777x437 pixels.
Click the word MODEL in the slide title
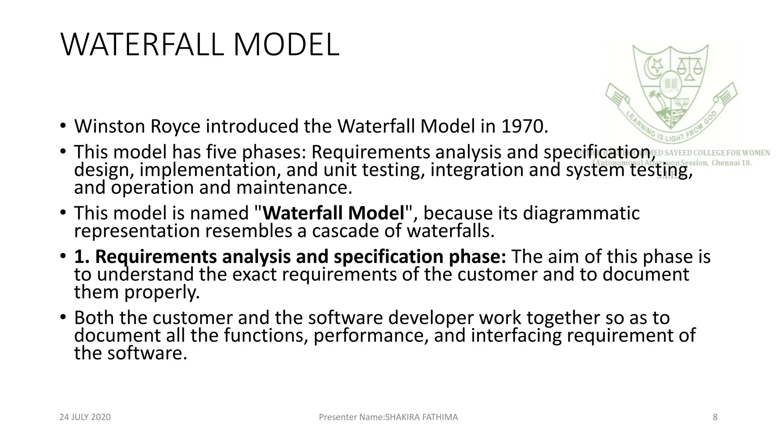pyautogui.click(x=286, y=45)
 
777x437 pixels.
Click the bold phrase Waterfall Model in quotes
pyautogui.click(x=334, y=213)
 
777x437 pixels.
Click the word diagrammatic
pyautogui.click(x=581, y=213)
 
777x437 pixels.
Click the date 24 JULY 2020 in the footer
pyautogui.click(x=85, y=417)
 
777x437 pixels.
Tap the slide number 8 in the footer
pyautogui.click(x=715, y=417)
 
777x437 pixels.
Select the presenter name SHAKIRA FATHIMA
pyautogui.click(x=422, y=417)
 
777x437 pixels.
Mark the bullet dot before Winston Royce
pyautogui.click(x=63, y=126)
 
